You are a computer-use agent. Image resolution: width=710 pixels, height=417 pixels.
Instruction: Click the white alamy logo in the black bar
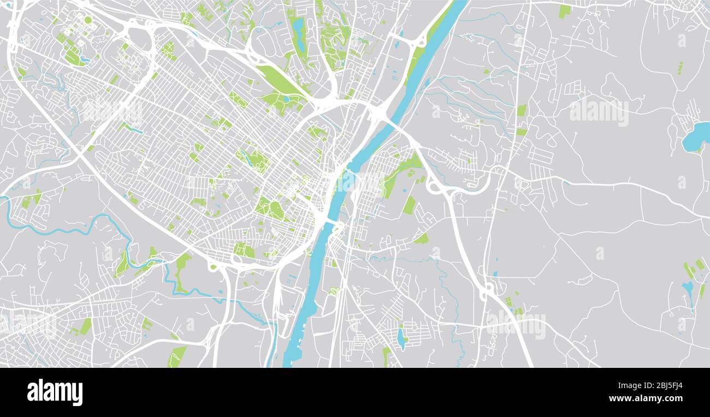(55, 392)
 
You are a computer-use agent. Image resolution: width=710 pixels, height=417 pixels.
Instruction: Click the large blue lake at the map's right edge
(695, 137)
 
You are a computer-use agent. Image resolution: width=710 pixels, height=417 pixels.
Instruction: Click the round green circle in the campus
(87, 20)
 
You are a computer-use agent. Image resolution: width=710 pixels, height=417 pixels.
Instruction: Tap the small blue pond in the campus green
(84, 58)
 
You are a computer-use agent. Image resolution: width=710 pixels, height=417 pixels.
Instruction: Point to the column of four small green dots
(679, 68)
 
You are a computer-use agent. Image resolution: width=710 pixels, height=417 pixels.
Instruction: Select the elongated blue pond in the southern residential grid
(401, 338)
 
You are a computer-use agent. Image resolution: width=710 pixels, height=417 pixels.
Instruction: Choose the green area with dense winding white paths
(334, 41)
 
